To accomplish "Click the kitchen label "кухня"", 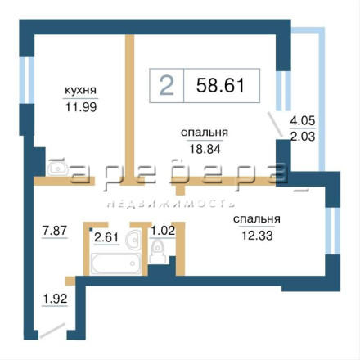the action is click(81, 91).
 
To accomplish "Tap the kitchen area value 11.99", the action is click(81, 107).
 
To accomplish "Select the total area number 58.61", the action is click(220, 85).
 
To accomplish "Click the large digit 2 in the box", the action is click(167, 85).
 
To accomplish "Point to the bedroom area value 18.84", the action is click(205, 149).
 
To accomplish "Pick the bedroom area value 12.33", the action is click(257, 236).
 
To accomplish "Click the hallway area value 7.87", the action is click(55, 231).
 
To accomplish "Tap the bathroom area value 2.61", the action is click(106, 237).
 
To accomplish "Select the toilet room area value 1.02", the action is click(163, 231).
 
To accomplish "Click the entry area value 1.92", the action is click(55, 299).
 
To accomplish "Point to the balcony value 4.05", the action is click(303, 120).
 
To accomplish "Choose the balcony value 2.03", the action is click(303, 136).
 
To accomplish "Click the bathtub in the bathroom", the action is click(116, 263).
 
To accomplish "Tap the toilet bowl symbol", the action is click(157, 251).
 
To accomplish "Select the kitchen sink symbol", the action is click(58, 168).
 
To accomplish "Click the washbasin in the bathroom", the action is click(133, 239).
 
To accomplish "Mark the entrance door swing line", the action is click(52, 331).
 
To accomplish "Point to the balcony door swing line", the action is click(275, 125).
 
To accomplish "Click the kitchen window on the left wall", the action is click(26, 80).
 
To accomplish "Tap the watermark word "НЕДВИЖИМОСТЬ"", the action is click(171, 204).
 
